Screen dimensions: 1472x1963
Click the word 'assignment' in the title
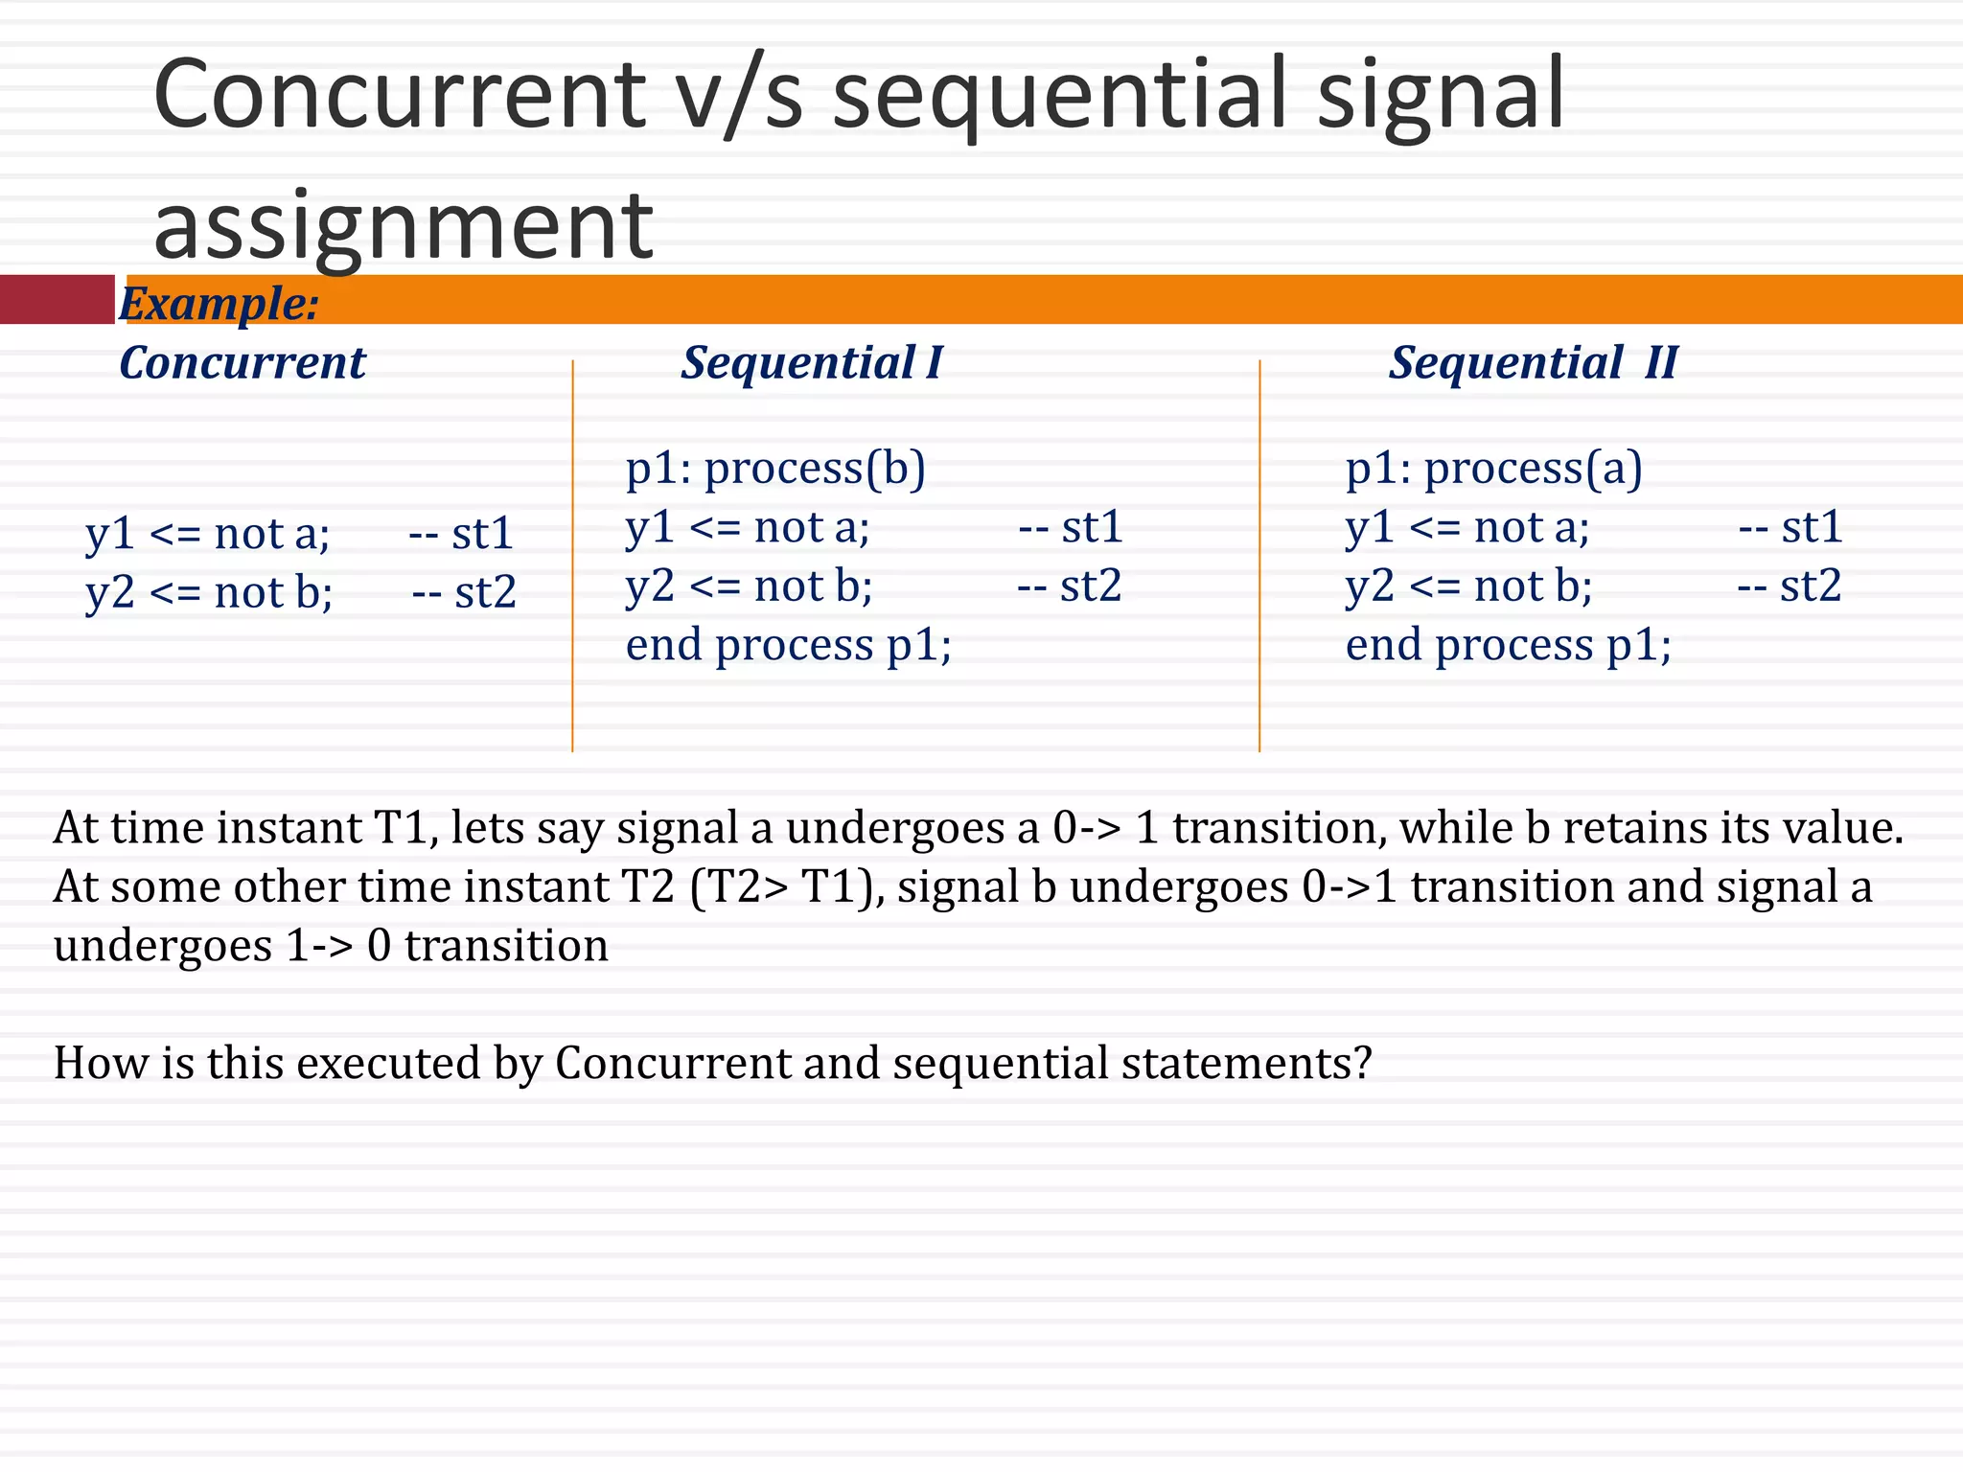pos(403,226)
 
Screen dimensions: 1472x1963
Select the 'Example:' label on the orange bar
pos(219,304)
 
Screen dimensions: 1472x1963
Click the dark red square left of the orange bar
pos(57,299)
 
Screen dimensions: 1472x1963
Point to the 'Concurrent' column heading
pos(242,362)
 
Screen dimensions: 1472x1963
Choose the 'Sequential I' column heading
pos(811,362)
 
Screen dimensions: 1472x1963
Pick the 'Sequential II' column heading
pos(1533,362)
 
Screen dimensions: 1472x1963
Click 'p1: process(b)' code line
pos(774,469)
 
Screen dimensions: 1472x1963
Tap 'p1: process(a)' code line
pos(1493,469)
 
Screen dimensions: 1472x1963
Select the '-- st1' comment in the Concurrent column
pos(461,533)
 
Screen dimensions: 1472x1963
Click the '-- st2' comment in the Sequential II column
pos(1789,586)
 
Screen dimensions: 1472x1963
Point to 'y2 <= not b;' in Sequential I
pos(749,586)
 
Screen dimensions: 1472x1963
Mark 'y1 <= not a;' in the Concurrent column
pos(207,533)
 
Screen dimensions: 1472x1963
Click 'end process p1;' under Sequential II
pos(1508,645)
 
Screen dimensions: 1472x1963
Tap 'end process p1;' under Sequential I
pos(788,645)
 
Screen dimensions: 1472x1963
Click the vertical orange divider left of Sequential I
pos(572,556)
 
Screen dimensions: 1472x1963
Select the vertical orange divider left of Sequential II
pos(1259,556)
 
